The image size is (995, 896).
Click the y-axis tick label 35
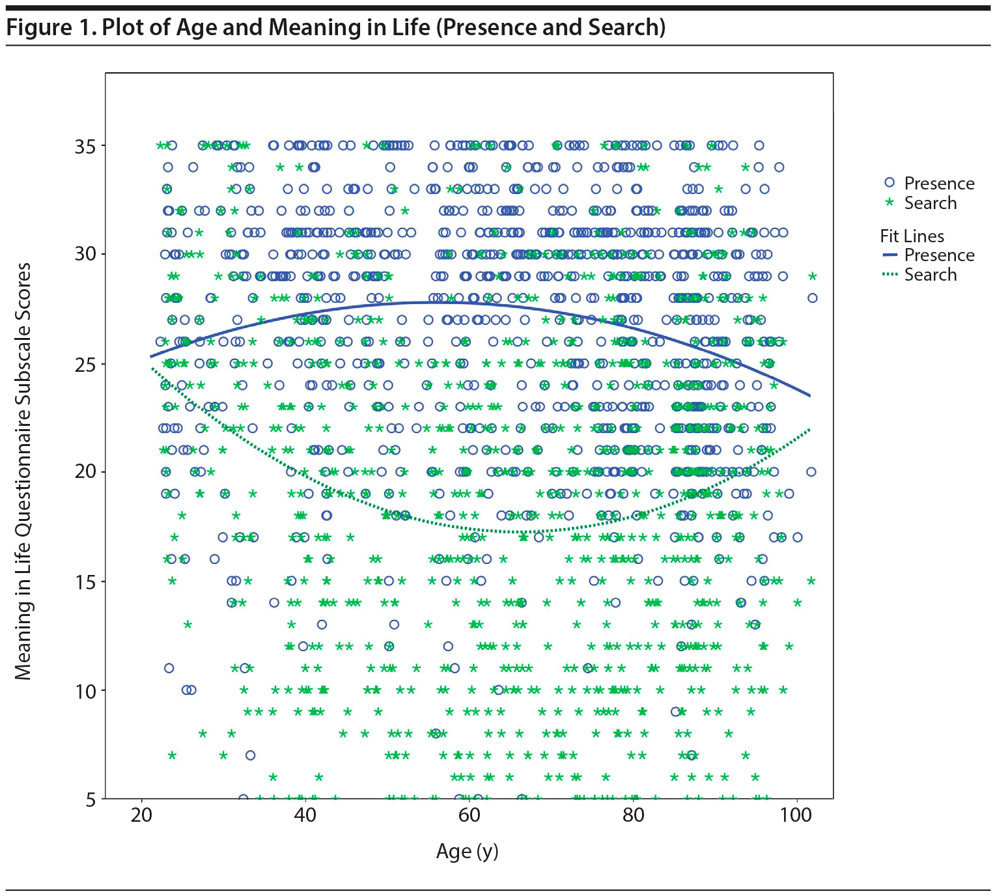(85, 147)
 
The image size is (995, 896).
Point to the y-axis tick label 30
(85, 254)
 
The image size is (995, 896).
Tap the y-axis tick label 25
(85, 364)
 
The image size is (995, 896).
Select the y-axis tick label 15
(85, 582)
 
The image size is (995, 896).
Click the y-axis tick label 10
(85, 692)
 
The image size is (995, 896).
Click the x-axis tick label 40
(305, 815)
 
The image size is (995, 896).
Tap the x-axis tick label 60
(469, 815)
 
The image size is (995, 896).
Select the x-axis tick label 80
(633, 815)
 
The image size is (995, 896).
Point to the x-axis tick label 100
(796, 815)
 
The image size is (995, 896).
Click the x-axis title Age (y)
(467, 852)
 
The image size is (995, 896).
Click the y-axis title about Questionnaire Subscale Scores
(23, 471)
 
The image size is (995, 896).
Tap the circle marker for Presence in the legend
(890, 183)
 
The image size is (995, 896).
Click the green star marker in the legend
(890, 203)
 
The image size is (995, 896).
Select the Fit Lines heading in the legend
(912, 236)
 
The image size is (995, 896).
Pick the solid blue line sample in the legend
(890, 255)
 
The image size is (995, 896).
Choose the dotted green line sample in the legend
(890, 274)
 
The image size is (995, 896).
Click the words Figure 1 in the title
(49, 27)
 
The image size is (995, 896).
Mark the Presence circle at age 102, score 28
(812, 298)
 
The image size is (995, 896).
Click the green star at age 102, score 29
(812, 277)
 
